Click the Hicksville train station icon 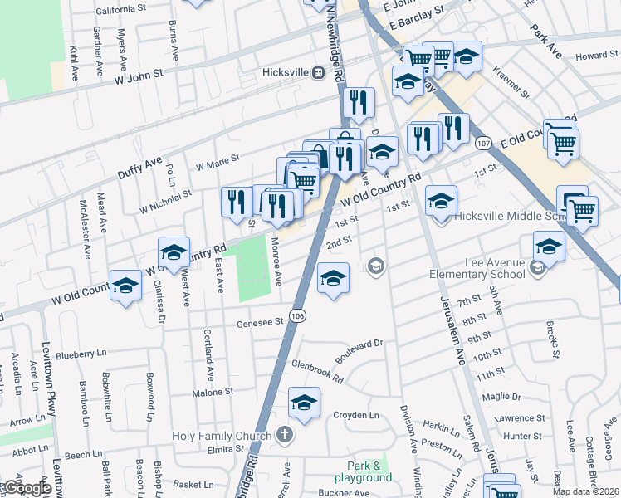[x=318, y=72]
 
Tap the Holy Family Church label [x=222, y=436]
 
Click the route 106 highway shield [x=299, y=314]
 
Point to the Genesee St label [x=260, y=324]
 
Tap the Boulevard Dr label [x=358, y=349]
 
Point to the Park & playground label [x=363, y=471]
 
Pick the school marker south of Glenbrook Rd [x=304, y=403]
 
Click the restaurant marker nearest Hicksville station [x=358, y=103]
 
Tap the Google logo [x=27, y=489]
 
